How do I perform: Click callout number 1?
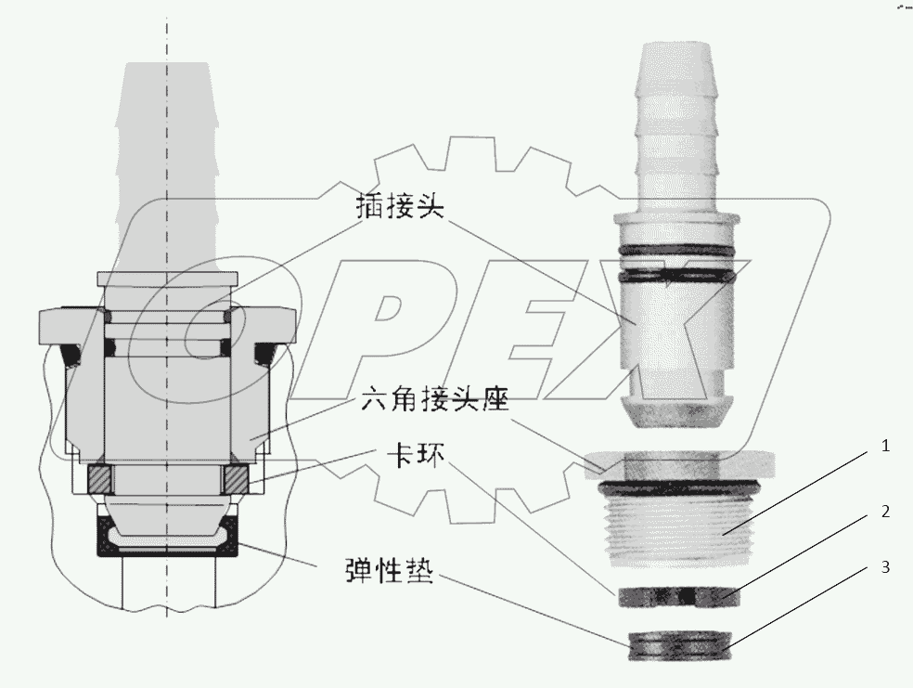click(886, 447)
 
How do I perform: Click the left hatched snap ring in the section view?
click(99, 480)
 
